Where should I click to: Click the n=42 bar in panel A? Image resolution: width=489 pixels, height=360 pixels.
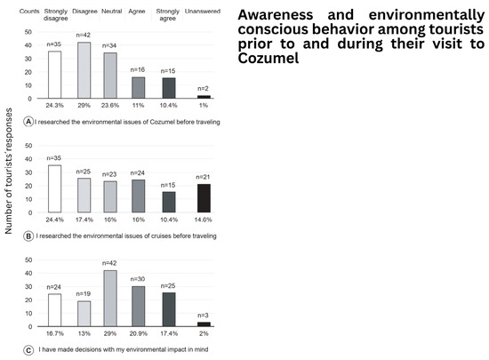(84, 70)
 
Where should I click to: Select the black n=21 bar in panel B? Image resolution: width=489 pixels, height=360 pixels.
(204, 198)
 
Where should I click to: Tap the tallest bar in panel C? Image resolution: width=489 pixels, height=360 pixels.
(110, 299)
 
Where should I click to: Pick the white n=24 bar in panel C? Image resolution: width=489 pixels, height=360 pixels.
(54, 310)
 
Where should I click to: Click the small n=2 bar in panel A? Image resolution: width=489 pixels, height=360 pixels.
(204, 97)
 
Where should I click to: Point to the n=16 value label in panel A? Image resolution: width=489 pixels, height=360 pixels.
(138, 69)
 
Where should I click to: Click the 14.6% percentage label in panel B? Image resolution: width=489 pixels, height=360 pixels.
(203, 220)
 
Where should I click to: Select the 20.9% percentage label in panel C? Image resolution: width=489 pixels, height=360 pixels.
(138, 333)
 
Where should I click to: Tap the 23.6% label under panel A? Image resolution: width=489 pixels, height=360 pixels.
(110, 106)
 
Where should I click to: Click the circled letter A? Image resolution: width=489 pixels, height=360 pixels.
(28, 122)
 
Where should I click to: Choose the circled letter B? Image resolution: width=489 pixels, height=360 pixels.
(28, 236)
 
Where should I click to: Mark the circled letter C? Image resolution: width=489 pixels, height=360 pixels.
(28, 350)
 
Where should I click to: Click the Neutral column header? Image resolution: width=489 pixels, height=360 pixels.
(112, 12)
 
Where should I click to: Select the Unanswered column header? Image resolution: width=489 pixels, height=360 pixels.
(203, 12)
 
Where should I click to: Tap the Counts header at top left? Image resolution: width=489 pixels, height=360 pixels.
(29, 12)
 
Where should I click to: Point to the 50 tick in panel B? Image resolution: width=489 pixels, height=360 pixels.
(28, 146)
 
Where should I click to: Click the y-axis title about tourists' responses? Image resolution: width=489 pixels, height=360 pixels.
(8, 171)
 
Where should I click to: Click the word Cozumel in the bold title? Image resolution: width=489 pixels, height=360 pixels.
(269, 58)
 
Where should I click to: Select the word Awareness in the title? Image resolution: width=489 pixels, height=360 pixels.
(276, 14)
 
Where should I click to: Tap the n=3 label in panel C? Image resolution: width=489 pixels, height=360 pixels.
(203, 316)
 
